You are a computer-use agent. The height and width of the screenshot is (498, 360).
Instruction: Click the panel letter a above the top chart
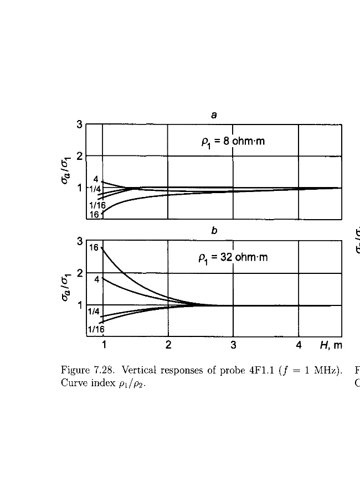(x=213, y=115)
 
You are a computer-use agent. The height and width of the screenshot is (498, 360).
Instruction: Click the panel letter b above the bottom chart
(x=213, y=232)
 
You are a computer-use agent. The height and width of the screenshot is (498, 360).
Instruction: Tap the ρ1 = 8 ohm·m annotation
(x=233, y=141)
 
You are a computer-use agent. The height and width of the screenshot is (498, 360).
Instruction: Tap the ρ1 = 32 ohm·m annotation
(x=233, y=257)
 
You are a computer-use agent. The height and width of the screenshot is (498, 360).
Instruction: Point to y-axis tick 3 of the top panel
(x=80, y=125)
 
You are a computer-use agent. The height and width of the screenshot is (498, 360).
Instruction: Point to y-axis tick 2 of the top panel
(x=80, y=156)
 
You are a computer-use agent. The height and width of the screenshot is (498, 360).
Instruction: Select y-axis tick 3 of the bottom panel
(x=80, y=242)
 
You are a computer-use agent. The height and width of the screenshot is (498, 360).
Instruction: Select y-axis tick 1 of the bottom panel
(x=80, y=305)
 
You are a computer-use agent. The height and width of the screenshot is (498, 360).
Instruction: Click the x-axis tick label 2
(x=168, y=345)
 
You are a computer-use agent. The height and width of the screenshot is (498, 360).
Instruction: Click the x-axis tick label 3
(x=233, y=345)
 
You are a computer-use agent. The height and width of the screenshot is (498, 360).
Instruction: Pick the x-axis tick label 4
(x=299, y=345)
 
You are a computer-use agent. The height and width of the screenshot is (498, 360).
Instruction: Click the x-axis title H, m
(x=331, y=345)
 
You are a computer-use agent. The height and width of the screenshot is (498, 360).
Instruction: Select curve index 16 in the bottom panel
(x=95, y=247)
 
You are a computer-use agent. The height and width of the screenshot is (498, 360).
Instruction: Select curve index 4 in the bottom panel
(x=97, y=279)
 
